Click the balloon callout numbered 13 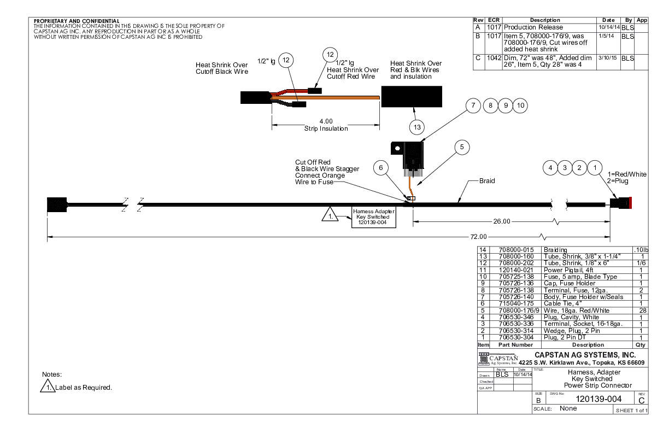pos(417,126)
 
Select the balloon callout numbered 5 pos(461,147)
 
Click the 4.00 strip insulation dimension pos(326,121)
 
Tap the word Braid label pos(487,181)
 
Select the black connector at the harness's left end pos(57,204)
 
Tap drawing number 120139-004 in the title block pos(596,400)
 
